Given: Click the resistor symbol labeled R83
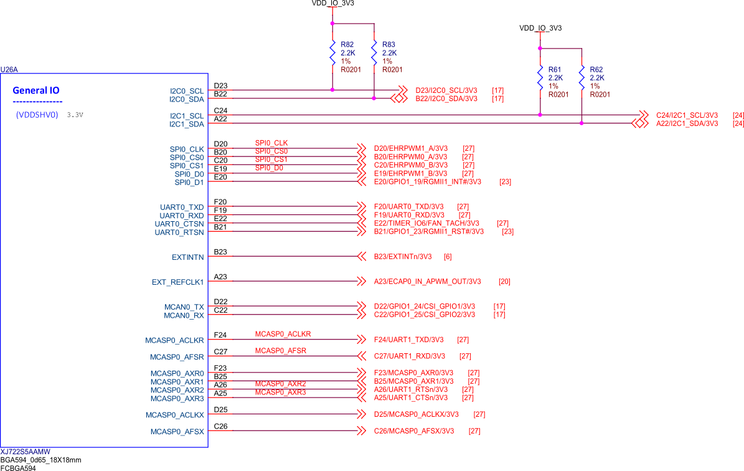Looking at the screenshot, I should (374, 52).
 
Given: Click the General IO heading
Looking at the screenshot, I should (36, 90).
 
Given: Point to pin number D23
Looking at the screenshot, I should (220, 86).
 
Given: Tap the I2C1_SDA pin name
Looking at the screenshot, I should (187, 124).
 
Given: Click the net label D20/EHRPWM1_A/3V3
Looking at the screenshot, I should (410, 148).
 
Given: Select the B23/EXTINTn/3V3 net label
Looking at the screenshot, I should (402, 257).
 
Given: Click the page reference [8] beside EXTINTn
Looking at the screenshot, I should (448, 257).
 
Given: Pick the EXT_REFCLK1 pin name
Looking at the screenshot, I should (178, 282).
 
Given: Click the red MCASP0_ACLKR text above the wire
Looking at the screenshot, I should (283, 335).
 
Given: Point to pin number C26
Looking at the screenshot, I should (220, 427).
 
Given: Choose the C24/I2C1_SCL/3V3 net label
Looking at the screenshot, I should (687, 115).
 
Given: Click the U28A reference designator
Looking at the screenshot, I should (9, 69).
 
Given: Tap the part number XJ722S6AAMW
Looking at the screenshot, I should (25, 452).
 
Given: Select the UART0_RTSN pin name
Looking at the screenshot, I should (179, 232).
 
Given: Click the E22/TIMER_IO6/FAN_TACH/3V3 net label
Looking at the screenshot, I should (426, 223).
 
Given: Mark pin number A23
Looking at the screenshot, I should (220, 277).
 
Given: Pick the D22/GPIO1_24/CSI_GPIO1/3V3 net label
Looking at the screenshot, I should (424, 307).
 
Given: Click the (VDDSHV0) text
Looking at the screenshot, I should (37, 115).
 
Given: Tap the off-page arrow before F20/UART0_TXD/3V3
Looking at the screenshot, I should (360, 206).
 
